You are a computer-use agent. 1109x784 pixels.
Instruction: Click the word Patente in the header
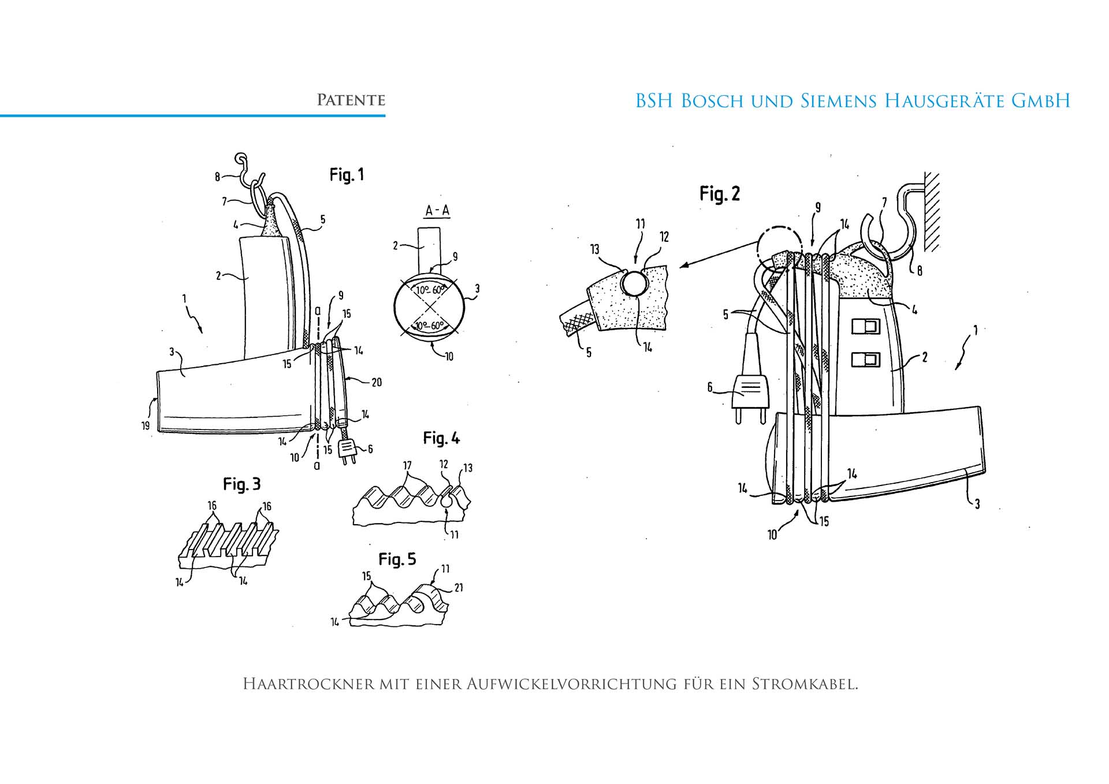tap(351, 100)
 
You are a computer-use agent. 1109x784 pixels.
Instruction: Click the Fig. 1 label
tap(347, 175)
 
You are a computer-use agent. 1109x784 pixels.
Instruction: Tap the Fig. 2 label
tap(719, 194)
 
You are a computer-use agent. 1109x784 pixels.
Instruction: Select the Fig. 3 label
tap(241, 484)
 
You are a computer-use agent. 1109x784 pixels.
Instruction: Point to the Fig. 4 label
tap(441, 439)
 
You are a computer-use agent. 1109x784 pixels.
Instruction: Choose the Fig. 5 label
tap(397, 559)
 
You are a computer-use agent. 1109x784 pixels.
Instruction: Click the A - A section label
tap(437, 211)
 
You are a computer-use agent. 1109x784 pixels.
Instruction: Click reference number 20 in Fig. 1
tap(377, 382)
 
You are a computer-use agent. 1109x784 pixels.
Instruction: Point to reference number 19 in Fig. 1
tap(145, 425)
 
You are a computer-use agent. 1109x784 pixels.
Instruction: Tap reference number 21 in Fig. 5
tap(459, 588)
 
